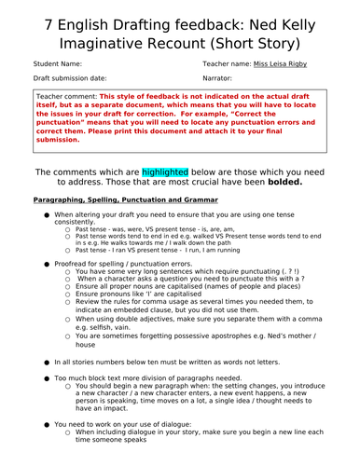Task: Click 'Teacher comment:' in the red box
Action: click(65, 96)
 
